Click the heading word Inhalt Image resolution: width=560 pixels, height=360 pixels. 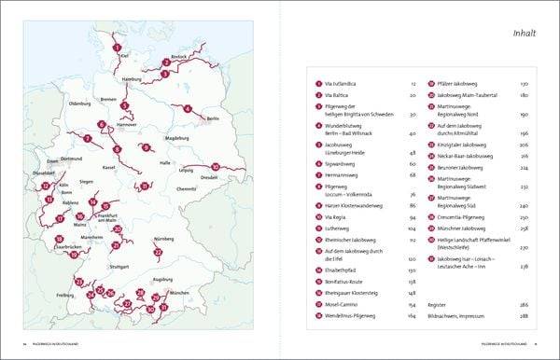522,35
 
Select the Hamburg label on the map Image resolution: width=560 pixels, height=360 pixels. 131,81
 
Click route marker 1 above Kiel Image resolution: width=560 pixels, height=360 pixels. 117,47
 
